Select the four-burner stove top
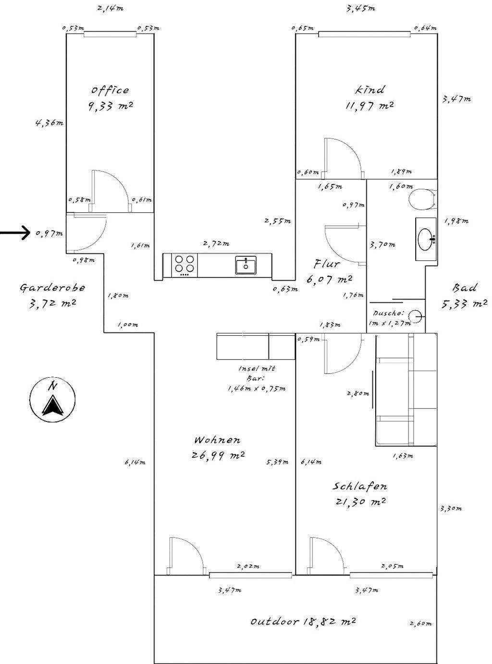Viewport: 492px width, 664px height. point(185,265)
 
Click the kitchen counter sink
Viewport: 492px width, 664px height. point(246,265)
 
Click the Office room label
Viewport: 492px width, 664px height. point(110,90)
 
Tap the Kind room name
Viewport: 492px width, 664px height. point(370,90)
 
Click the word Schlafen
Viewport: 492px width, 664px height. point(360,486)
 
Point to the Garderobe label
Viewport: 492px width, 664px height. point(52,287)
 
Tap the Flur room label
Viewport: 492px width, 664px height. point(328,263)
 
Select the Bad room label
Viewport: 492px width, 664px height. point(465,288)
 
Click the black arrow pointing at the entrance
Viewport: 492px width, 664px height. point(14,234)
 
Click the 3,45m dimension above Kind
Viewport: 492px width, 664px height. point(360,8)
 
